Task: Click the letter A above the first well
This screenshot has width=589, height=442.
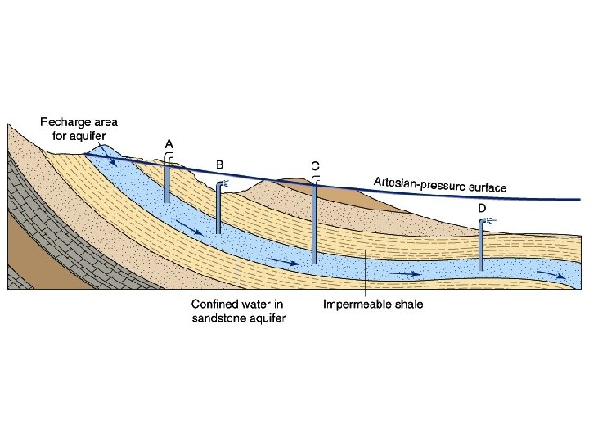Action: pos(169,144)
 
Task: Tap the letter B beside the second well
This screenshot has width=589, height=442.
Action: pos(219,165)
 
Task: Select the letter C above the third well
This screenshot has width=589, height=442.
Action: pos(315,165)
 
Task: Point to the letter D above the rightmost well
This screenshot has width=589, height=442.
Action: pos(483,209)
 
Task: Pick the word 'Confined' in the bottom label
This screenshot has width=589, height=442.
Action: pos(214,305)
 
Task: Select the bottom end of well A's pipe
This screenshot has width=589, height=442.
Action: pos(168,201)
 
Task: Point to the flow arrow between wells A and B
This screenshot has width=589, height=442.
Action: pos(193,230)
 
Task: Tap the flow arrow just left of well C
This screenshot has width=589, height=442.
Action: pos(286,263)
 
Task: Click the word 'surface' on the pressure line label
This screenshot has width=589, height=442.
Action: pos(487,187)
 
